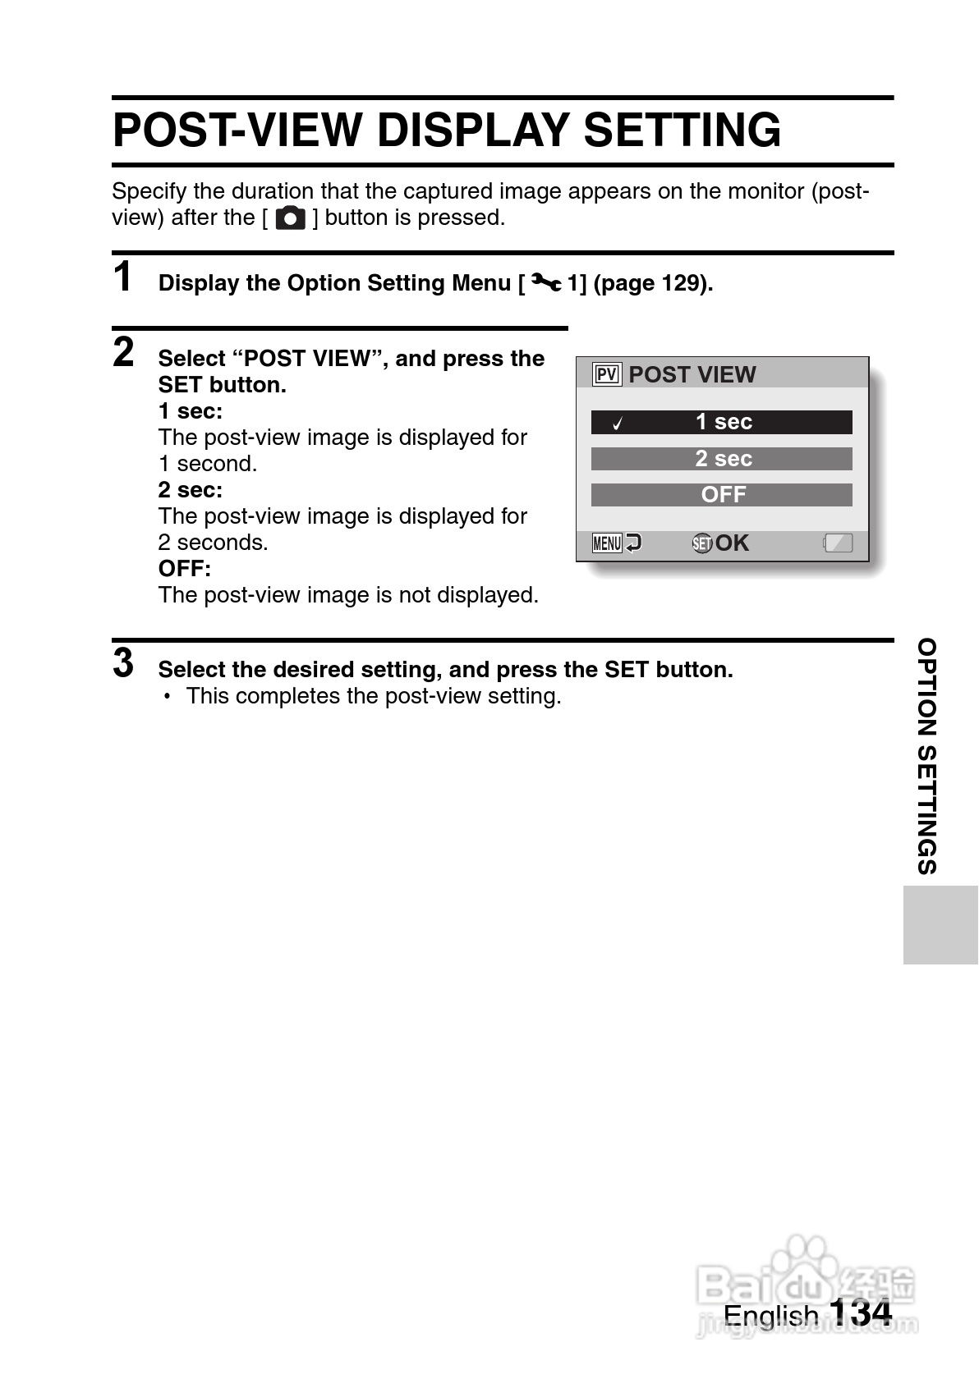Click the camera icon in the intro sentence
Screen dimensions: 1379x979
pyautogui.click(x=290, y=218)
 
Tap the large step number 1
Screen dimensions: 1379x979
pyautogui.click(x=123, y=277)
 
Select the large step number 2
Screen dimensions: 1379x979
pyautogui.click(x=123, y=352)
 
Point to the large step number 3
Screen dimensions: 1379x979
pyautogui.click(x=123, y=663)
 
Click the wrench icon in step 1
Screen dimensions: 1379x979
pyautogui.click(x=546, y=283)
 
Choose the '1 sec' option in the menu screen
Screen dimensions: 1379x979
pyautogui.click(x=722, y=422)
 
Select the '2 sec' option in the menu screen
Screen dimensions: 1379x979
pyautogui.click(x=722, y=459)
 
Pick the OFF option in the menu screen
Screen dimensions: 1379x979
pyautogui.click(x=722, y=495)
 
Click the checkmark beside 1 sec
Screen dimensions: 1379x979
pyautogui.click(x=618, y=424)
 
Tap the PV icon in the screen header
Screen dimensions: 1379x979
pyautogui.click(x=607, y=375)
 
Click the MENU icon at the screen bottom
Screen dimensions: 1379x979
pyautogui.click(x=607, y=543)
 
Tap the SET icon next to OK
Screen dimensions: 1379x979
pyautogui.click(x=702, y=543)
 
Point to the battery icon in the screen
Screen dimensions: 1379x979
pyautogui.click(x=839, y=543)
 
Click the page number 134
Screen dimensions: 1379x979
pyautogui.click(x=860, y=1313)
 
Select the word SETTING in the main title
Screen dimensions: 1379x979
pyautogui.click(x=683, y=131)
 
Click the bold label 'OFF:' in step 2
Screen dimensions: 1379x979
pyautogui.click(x=185, y=569)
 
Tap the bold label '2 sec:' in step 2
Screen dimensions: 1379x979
pyautogui.click(x=191, y=490)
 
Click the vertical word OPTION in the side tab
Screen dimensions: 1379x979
pyautogui.click(x=926, y=687)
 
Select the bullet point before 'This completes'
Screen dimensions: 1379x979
pyautogui.click(x=168, y=697)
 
